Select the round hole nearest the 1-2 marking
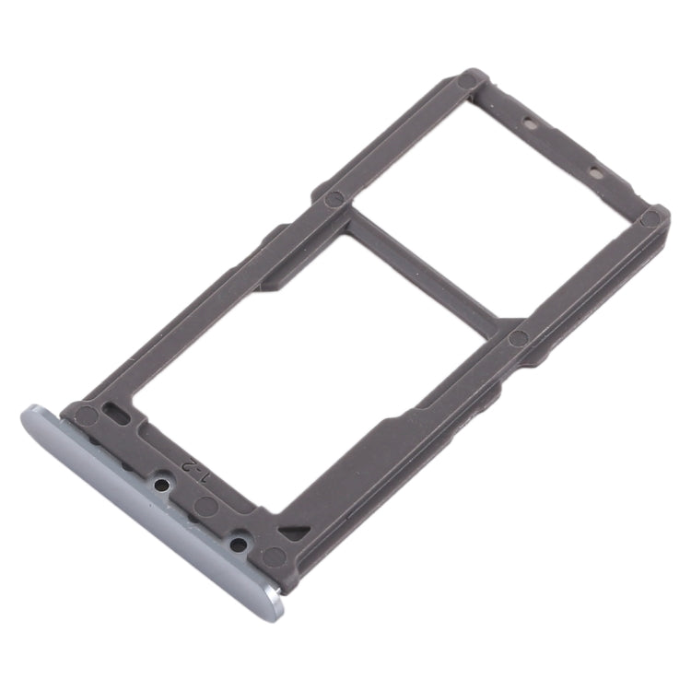coord(163,481)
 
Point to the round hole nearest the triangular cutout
coord(237,544)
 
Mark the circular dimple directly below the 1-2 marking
coord(207,506)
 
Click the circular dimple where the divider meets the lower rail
coord(519,338)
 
